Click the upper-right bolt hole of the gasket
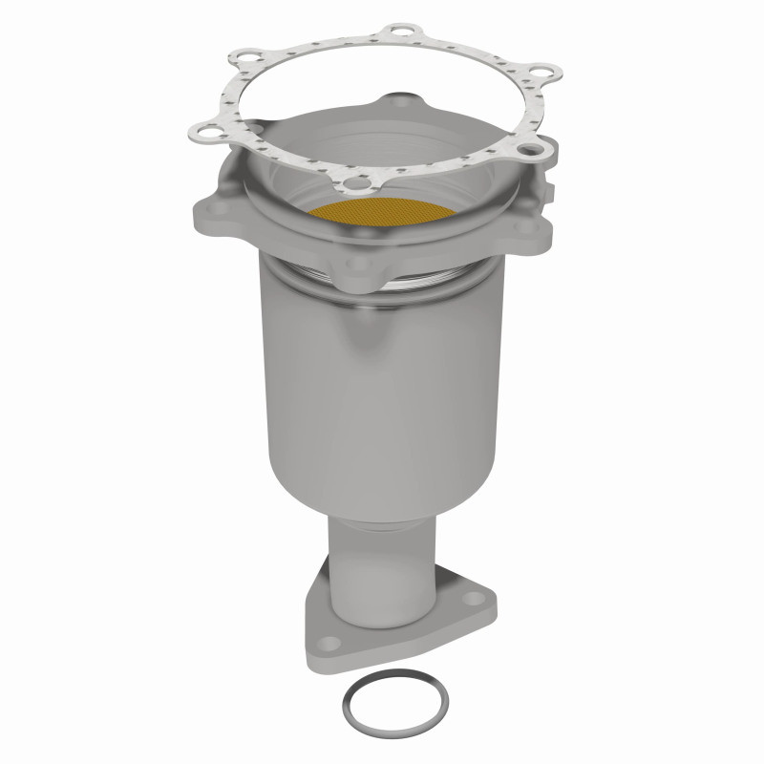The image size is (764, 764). (541, 72)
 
